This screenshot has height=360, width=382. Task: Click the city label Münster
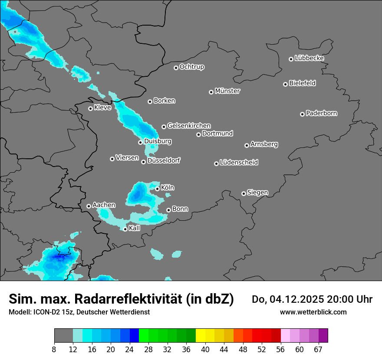click(227, 91)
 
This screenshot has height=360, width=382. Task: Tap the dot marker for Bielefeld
click(286, 84)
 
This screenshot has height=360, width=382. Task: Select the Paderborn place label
click(321, 113)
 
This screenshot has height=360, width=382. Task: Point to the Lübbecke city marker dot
click(291, 59)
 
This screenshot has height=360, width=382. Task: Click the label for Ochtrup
click(191, 67)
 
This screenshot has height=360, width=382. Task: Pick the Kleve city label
click(102, 108)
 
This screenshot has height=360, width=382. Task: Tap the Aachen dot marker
click(89, 206)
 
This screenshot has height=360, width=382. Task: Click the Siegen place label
click(257, 193)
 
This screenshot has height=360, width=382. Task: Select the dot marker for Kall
click(125, 229)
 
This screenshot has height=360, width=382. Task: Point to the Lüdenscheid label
click(239, 163)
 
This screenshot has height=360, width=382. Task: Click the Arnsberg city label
click(264, 144)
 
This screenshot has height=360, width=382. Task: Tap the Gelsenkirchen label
click(189, 126)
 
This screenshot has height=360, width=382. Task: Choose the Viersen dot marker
click(112, 159)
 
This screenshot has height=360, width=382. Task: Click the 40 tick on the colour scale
click(205, 349)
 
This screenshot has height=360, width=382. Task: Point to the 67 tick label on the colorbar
click(318, 349)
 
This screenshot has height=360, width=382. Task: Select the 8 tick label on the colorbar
click(54, 349)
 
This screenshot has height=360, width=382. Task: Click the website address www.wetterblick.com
click(313, 312)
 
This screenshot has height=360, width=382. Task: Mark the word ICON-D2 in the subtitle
click(47, 312)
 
